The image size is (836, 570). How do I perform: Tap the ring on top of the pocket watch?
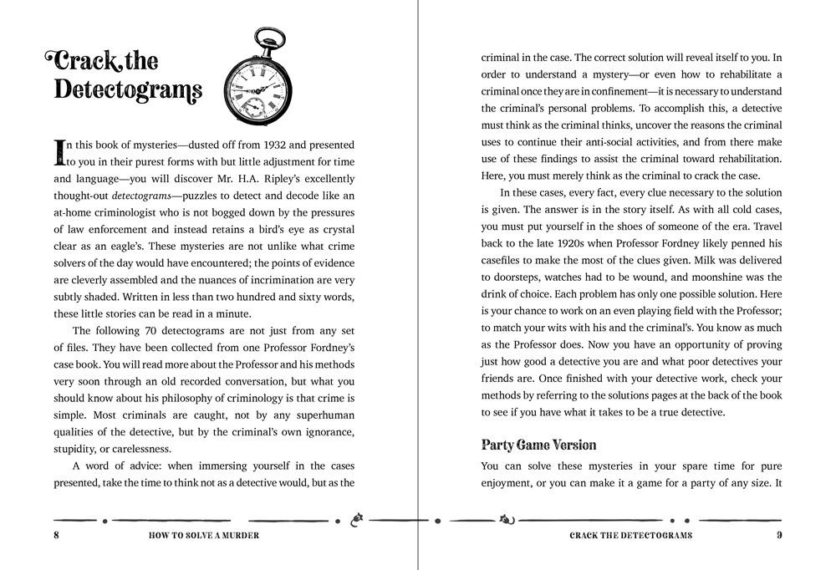click(265, 37)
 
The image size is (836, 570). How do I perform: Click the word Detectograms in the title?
click(128, 89)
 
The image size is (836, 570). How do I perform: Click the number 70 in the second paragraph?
click(142, 331)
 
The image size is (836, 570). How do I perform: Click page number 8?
click(56, 535)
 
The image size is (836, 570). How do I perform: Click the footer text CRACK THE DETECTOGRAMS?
click(630, 535)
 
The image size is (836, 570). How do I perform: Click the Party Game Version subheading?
click(538, 444)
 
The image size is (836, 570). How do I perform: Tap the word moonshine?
click(706, 277)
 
